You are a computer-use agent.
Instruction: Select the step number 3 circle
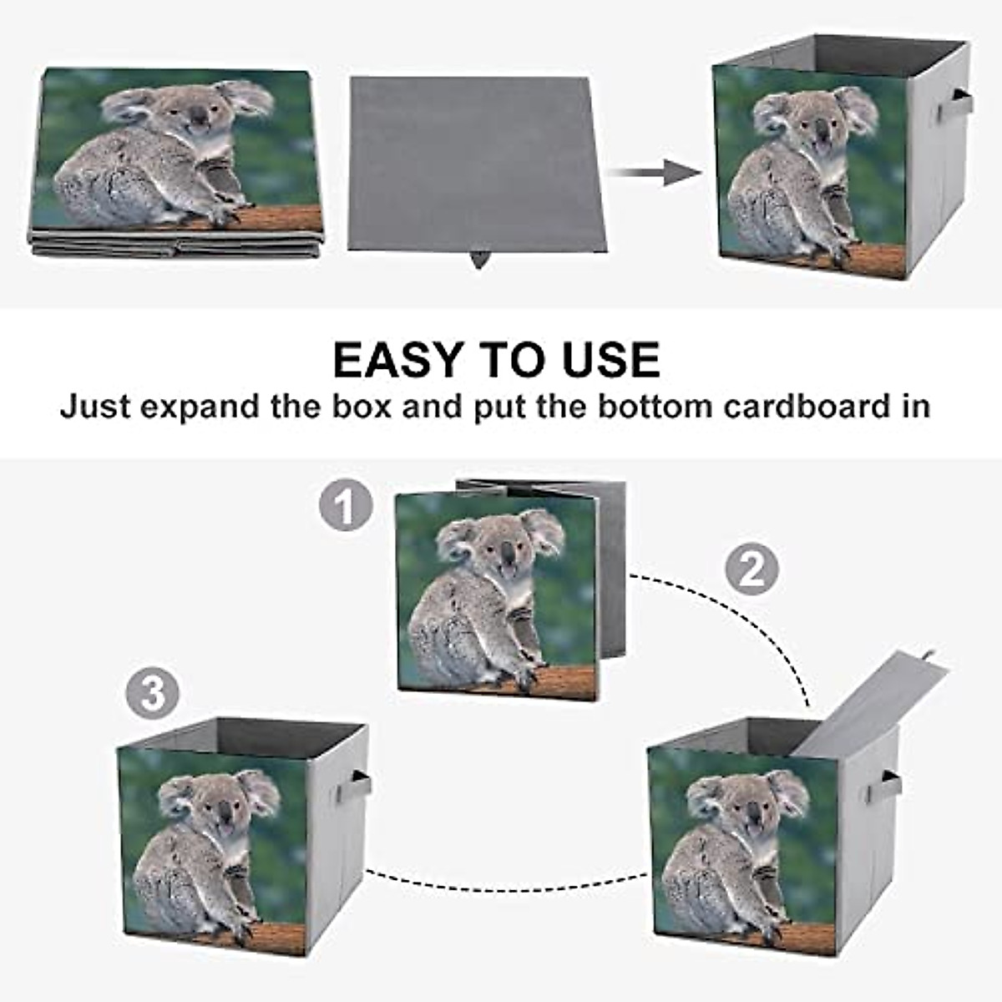pyautogui.click(x=152, y=693)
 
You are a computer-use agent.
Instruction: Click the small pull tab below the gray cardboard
pyautogui.click(x=478, y=260)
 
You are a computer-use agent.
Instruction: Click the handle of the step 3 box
pyautogui.click(x=358, y=786)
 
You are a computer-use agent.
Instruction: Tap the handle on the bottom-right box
pyautogui.click(x=889, y=786)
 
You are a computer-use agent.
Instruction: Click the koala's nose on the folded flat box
pyautogui.click(x=199, y=118)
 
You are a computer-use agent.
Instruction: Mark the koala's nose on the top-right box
pyautogui.click(x=822, y=129)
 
